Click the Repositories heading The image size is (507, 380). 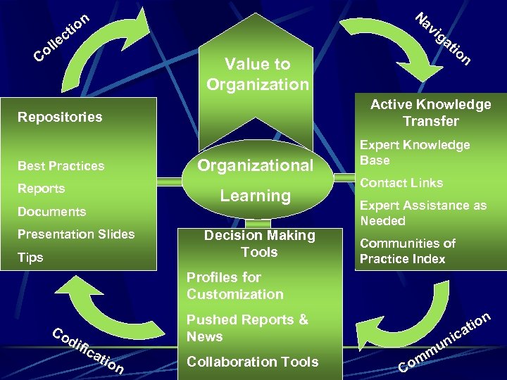pos(60,117)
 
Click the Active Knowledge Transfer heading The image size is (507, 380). pos(430,113)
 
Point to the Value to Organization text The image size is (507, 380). pos(258,74)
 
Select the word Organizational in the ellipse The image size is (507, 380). pos(255,165)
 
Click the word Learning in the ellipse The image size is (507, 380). pos(255,196)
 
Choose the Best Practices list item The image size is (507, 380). pos(61,166)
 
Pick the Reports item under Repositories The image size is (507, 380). pos(41,189)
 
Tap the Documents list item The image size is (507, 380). pos(51,212)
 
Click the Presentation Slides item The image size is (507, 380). pos(76,234)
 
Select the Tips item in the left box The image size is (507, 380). pos(30,258)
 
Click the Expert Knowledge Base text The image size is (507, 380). pos(414,152)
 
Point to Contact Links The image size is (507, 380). pos(401,183)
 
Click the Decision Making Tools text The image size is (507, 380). pos(259,243)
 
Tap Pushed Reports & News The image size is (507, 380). pos(247,328)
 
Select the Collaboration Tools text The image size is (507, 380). pos(252,362)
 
